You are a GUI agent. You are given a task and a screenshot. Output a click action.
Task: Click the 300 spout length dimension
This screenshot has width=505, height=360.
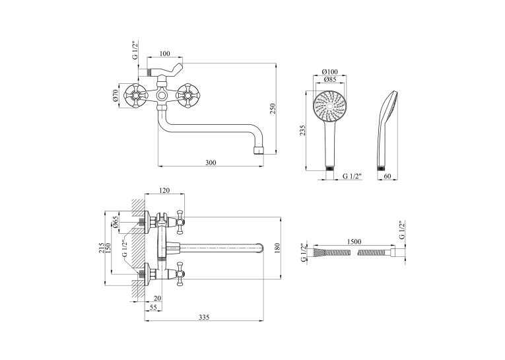pyautogui.click(x=211, y=162)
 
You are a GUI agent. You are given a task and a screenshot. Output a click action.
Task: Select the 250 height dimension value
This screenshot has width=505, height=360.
pyautogui.click(x=273, y=108)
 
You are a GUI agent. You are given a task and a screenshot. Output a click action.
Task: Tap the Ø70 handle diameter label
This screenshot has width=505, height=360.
pyautogui.click(x=116, y=95)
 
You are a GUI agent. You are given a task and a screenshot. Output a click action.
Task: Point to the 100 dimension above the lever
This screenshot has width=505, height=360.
pyautogui.click(x=164, y=54)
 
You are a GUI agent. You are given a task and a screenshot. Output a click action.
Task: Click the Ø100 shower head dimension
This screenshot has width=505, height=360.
pyautogui.click(x=330, y=71)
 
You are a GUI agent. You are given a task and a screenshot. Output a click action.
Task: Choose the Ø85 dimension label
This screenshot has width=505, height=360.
pyautogui.click(x=330, y=79)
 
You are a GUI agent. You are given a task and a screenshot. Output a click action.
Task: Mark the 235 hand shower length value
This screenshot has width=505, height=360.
pyautogui.click(x=302, y=131)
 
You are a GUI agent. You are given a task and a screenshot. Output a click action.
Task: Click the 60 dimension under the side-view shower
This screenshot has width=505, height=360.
pyautogui.click(x=387, y=176)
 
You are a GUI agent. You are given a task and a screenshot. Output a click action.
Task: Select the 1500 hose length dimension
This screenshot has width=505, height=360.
pyautogui.click(x=354, y=241)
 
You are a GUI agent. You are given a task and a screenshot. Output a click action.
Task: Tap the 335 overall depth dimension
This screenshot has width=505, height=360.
pyautogui.click(x=204, y=317)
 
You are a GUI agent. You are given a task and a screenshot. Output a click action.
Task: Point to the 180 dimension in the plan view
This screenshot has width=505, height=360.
pyautogui.click(x=278, y=248)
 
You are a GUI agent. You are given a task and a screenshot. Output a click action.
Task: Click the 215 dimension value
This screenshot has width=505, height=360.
pyautogui.click(x=102, y=248)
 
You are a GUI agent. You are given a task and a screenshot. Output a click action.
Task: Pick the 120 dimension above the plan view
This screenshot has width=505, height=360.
pyautogui.click(x=164, y=190)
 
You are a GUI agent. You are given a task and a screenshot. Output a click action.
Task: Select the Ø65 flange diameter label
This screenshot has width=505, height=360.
pyautogui.click(x=116, y=222)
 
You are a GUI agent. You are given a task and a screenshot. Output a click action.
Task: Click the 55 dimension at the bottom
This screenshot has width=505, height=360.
pyautogui.click(x=153, y=307)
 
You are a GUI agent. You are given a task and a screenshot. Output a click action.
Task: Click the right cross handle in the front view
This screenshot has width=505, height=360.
pyautogui.click(x=186, y=96)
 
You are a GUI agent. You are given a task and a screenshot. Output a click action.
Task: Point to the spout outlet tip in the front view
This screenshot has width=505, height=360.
pyautogui.click(x=259, y=151)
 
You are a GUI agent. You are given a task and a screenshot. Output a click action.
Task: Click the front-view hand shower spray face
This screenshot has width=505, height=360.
pyautogui.click(x=329, y=106)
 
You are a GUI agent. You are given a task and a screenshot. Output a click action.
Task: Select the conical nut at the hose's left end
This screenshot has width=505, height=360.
pyautogui.click(x=319, y=252)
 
